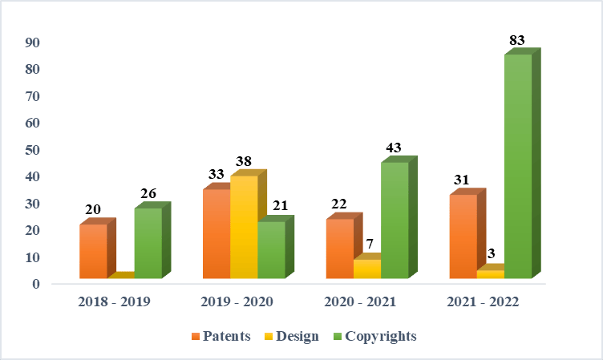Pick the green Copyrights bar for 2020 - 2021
point(395,220)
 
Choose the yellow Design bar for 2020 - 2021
point(367,269)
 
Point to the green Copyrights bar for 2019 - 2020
point(271,249)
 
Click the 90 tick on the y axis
point(34,42)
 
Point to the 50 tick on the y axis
point(34,150)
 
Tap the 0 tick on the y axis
point(37,284)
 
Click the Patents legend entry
point(221,336)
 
